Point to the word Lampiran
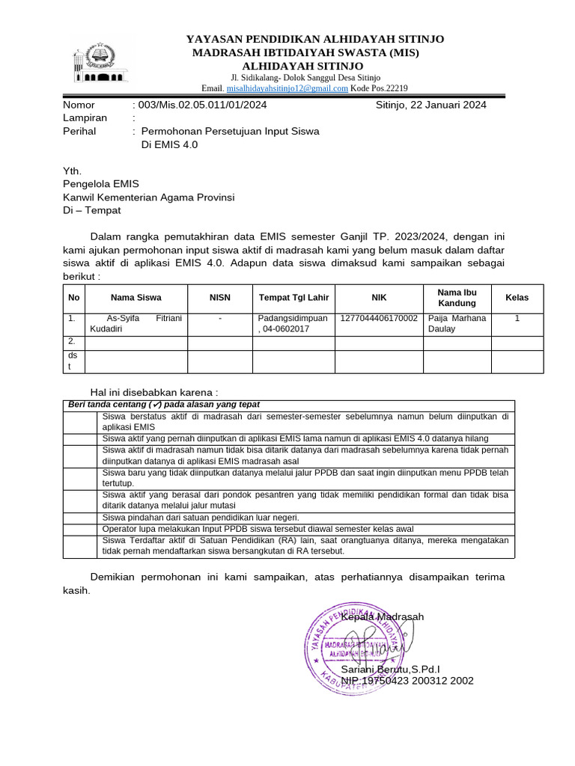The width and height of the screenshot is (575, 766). [x=85, y=117]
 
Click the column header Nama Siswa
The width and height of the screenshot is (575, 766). [x=136, y=298]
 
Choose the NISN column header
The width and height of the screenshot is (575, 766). [x=220, y=298]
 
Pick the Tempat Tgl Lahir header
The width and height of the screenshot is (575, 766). [x=294, y=298]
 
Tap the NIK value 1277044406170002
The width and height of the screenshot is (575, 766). [x=379, y=318]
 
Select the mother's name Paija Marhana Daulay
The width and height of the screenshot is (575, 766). [x=457, y=323]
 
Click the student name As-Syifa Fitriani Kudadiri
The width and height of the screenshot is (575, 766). [x=136, y=323]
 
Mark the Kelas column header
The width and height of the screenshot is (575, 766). [x=517, y=298]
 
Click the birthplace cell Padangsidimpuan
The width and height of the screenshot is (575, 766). [x=293, y=318]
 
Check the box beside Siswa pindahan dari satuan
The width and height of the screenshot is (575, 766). [x=80, y=518]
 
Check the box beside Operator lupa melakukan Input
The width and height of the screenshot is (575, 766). [x=80, y=529]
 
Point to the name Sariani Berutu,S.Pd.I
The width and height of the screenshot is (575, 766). [x=390, y=669]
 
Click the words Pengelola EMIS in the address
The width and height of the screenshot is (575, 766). [x=100, y=183]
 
